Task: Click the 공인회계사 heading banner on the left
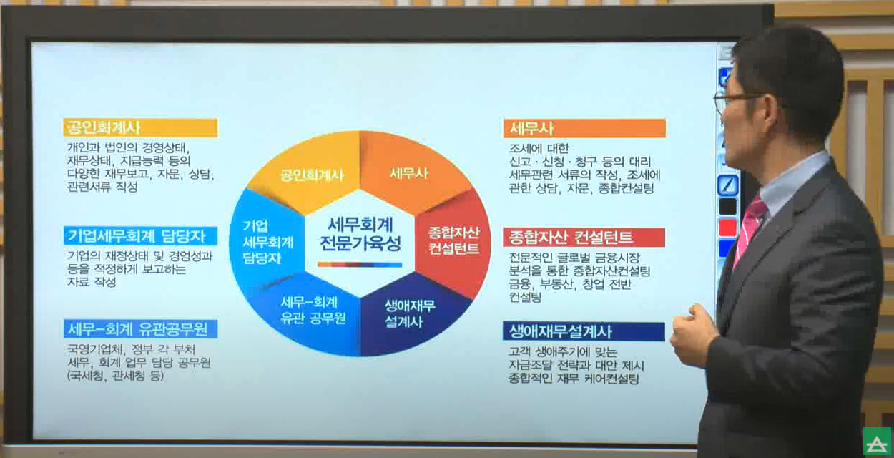(x=139, y=128)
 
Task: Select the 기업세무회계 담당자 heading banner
(x=139, y=235)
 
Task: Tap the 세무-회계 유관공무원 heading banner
(x=139, y=329)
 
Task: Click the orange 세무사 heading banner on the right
(x=584, y=129)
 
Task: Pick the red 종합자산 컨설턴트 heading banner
(x=584, y=237)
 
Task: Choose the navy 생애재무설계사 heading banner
(x=584, y=332)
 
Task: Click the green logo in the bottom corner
(x=877, y=442)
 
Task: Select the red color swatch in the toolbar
(x=727, y=228)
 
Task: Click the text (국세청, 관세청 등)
(x=114, y=376)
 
